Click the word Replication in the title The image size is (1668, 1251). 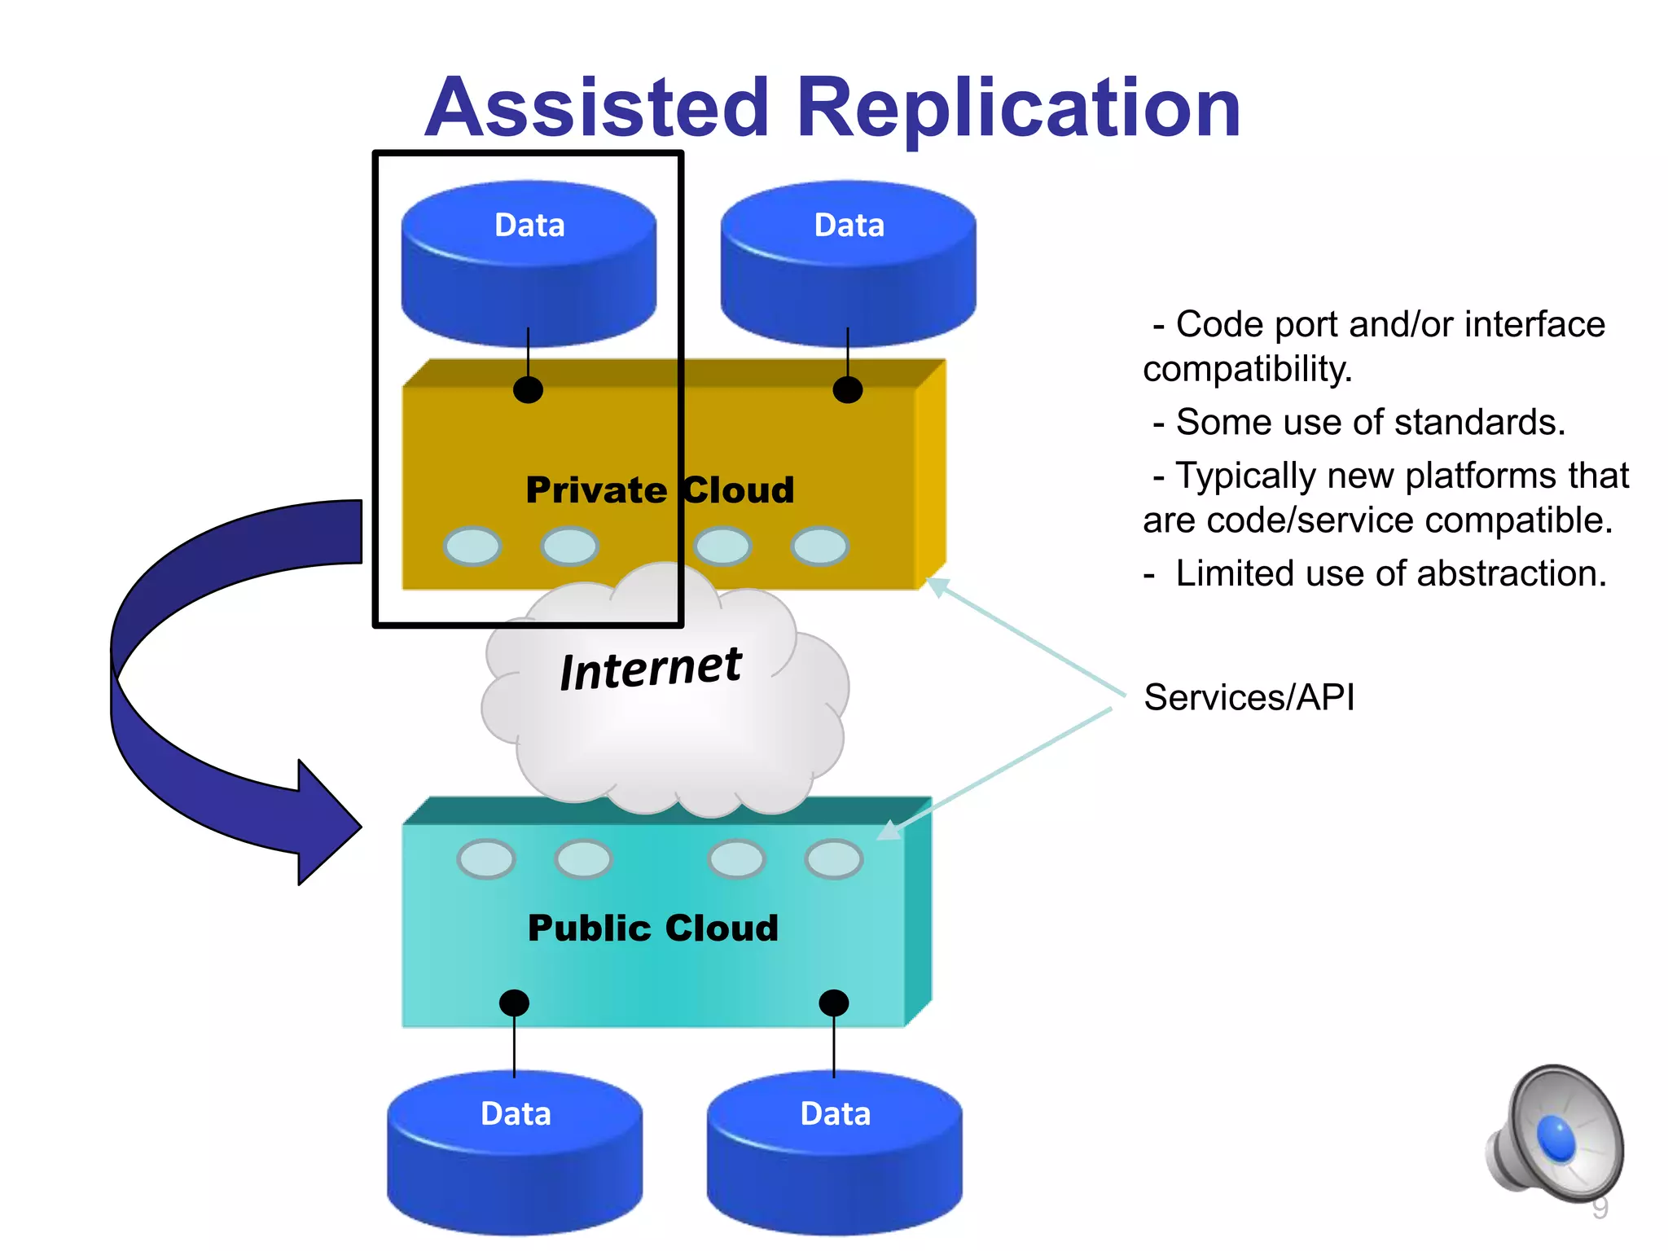tap(1018, 108)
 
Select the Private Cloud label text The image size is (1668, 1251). tap(660, 490)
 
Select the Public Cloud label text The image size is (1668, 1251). tap(653, 928)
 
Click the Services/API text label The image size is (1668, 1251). tap(1249, 698)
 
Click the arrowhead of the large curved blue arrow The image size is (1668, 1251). tap(330, 824)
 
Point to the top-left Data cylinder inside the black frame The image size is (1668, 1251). tap(529, 261)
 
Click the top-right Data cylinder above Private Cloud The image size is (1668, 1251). tap(848, 261)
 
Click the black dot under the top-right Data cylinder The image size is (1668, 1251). tap(848, 390)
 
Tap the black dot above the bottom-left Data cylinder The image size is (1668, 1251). tap(514, 1003)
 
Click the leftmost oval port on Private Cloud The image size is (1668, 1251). tap(472, 546)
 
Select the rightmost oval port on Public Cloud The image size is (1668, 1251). tap(833, 859)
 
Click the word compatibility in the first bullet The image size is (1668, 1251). tap(1246, 369)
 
